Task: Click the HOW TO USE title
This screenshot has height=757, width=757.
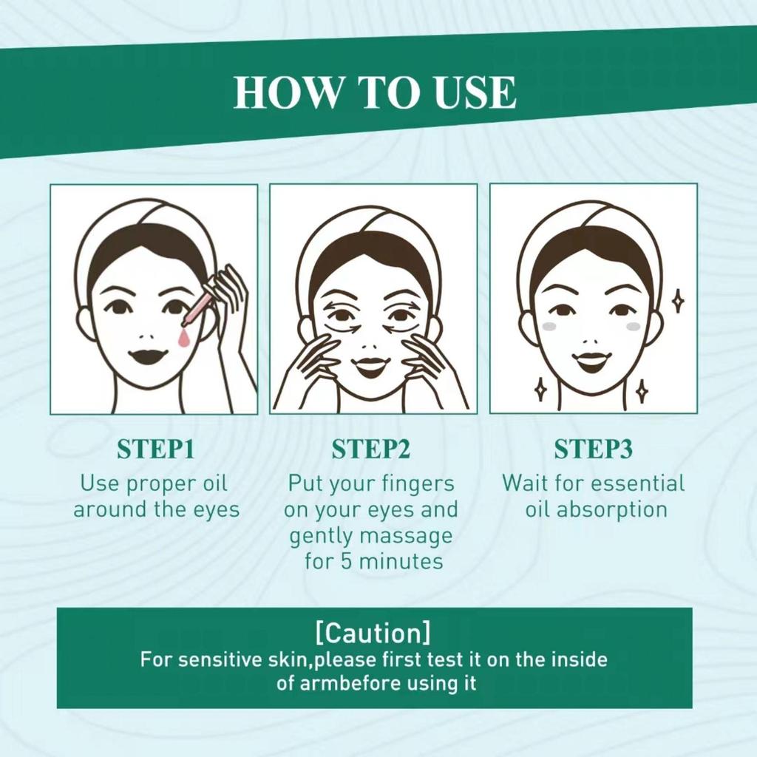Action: coord(375,92)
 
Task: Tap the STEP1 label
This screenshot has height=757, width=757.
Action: coord(155,449)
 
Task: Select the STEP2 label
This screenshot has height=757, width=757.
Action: coord(371,449)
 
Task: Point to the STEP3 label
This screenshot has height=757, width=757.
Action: coord(593,449)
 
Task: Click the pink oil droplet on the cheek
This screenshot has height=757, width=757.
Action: coord(184,339)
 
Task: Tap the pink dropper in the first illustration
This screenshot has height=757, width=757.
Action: coord(197,308)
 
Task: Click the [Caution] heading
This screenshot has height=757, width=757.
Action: coord(373,633)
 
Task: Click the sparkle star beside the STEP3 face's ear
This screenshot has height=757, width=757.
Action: coord(679,302)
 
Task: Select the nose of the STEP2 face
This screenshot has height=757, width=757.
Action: coord(371,346)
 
